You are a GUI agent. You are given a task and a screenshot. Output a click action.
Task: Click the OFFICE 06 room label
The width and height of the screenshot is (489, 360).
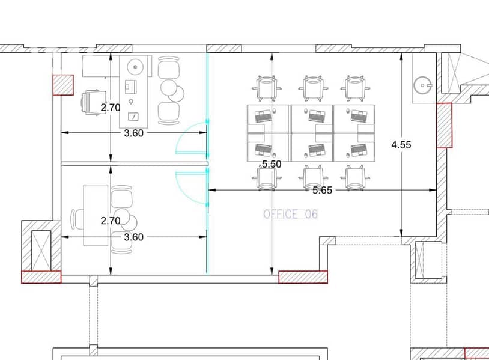point(291,214)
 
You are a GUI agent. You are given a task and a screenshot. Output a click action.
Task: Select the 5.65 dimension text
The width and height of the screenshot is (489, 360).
point(322,190)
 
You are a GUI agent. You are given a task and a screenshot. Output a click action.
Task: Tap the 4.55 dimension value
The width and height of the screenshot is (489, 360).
point(401,145)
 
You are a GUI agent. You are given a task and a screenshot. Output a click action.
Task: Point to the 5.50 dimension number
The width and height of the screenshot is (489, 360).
point(272,164)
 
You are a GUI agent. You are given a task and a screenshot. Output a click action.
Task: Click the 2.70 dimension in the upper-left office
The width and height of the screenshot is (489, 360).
point(111,108)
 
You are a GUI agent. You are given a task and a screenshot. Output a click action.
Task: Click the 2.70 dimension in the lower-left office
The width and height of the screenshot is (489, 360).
point(111,221)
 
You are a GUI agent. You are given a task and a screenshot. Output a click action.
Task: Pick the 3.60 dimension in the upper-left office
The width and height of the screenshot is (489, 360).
point(134,133)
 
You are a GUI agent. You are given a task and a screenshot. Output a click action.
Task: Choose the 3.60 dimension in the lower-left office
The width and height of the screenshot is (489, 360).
point(134,237)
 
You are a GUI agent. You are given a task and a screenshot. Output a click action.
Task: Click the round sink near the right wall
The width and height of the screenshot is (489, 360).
point(423,85)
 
